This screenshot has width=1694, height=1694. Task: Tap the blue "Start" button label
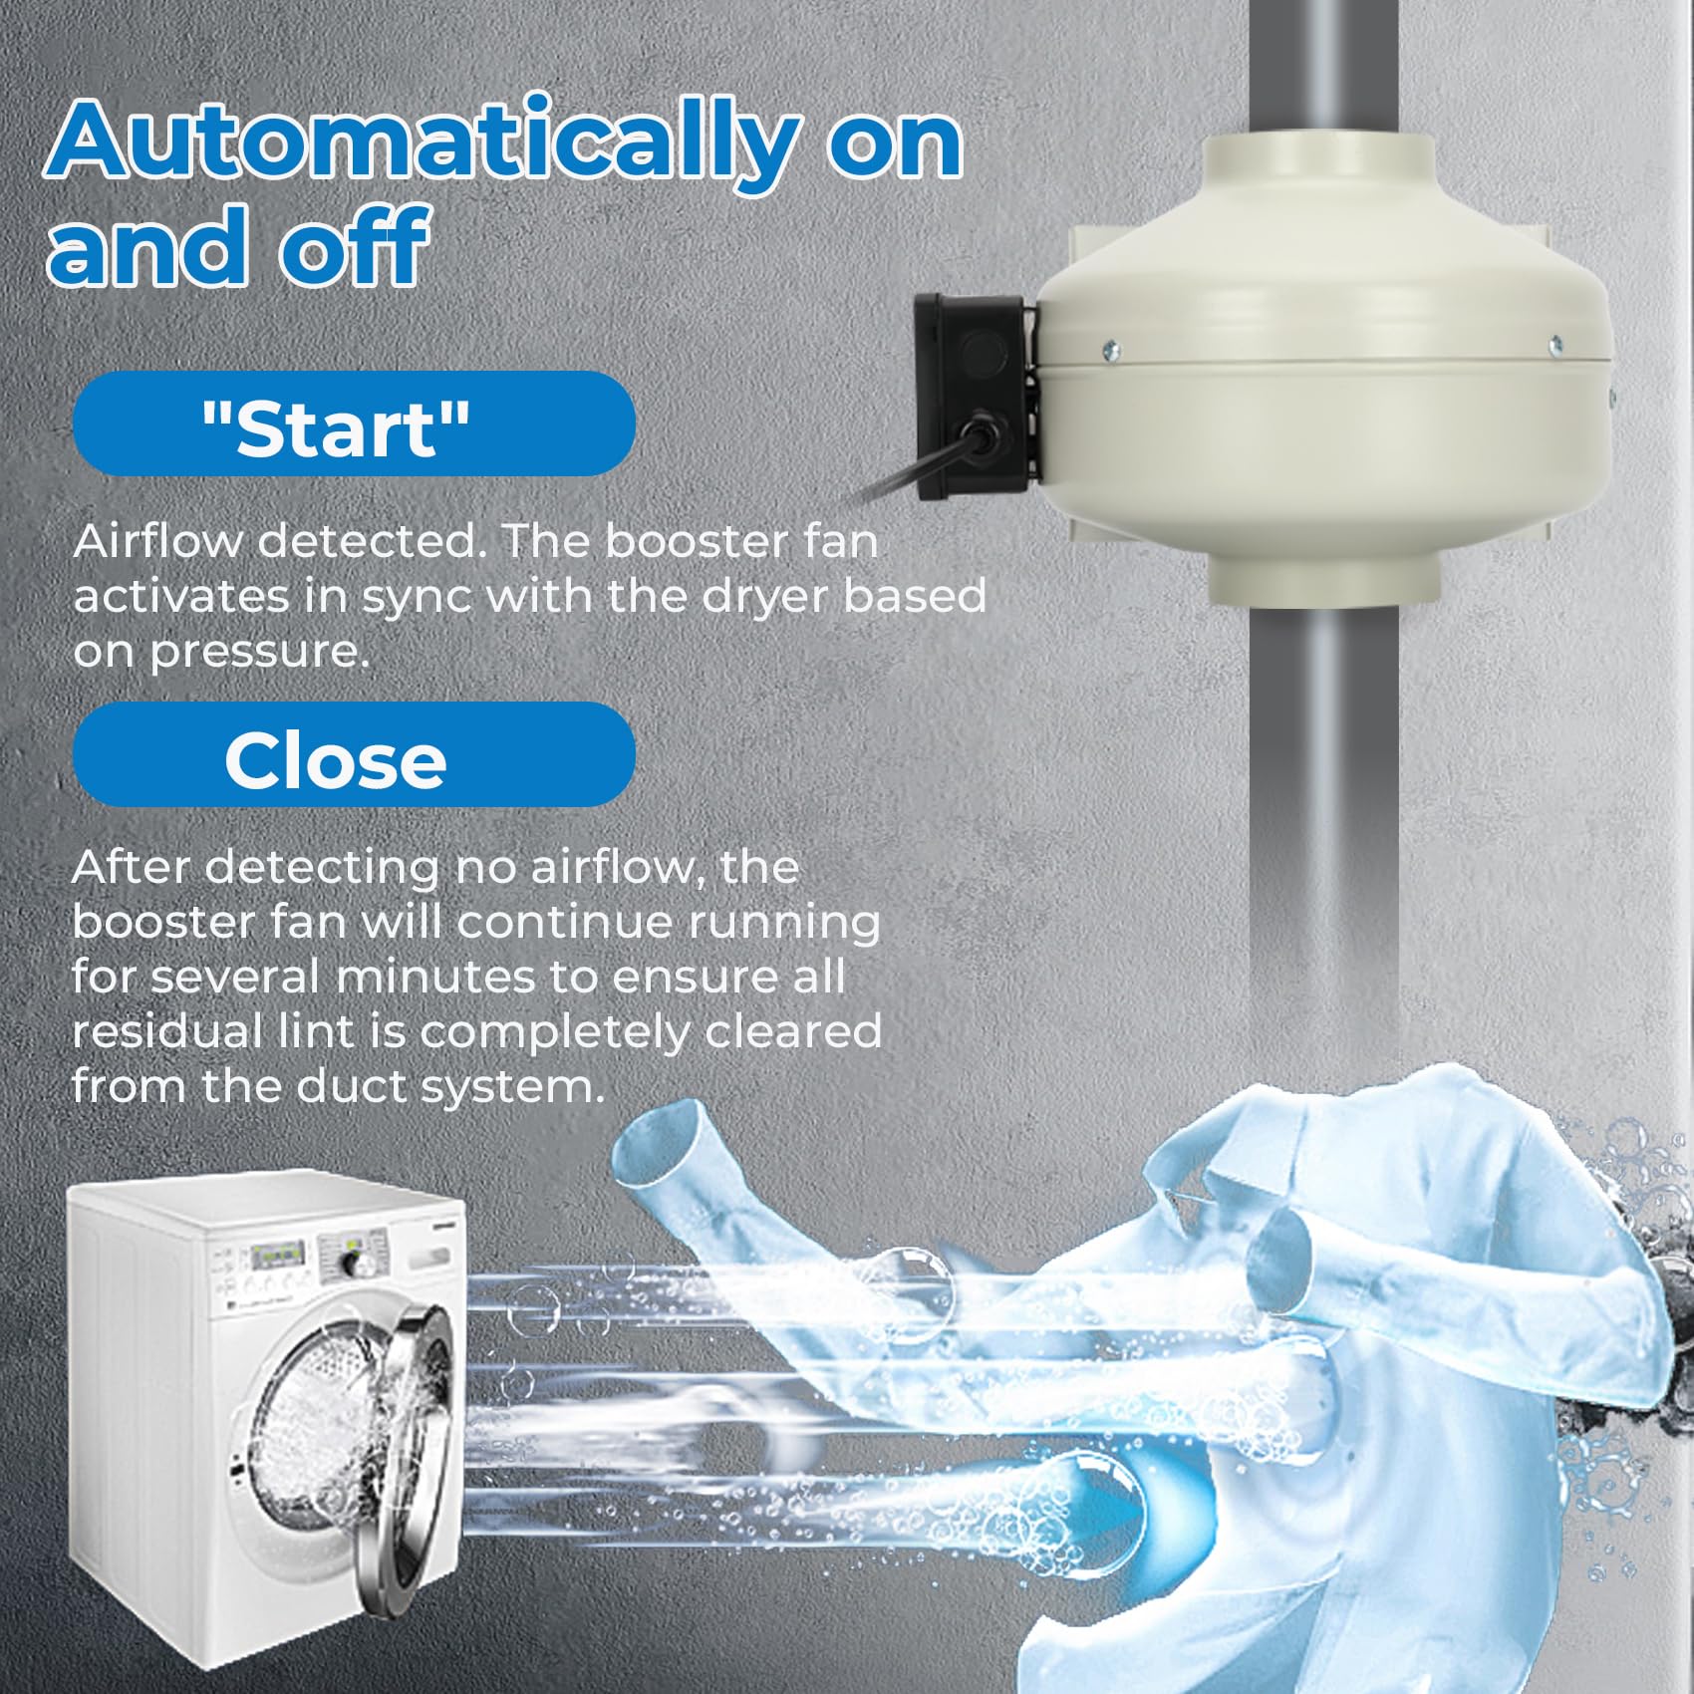354,423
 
